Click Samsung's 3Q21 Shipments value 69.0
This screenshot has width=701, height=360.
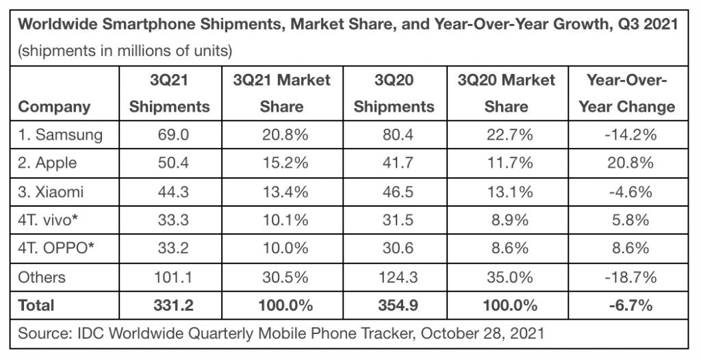(169, 135)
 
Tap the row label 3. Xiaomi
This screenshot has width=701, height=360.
(51, 192)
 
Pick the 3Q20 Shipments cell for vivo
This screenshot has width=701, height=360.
(394, 220)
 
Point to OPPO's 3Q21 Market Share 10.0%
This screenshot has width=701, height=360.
(282, 248)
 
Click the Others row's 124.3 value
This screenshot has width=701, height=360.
(394, 277)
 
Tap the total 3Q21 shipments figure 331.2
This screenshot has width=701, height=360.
(169, 305)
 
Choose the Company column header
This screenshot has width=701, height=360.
(54, 107)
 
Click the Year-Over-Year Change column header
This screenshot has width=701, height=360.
(626, 94)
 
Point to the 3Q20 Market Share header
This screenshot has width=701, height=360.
(506, 94)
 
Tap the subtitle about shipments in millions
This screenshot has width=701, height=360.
(124, 51)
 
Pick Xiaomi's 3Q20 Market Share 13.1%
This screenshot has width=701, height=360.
(506, 192)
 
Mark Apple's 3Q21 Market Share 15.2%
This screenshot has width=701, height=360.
(282, 164)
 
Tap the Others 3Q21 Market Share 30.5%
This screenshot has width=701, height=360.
(282, 277)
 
